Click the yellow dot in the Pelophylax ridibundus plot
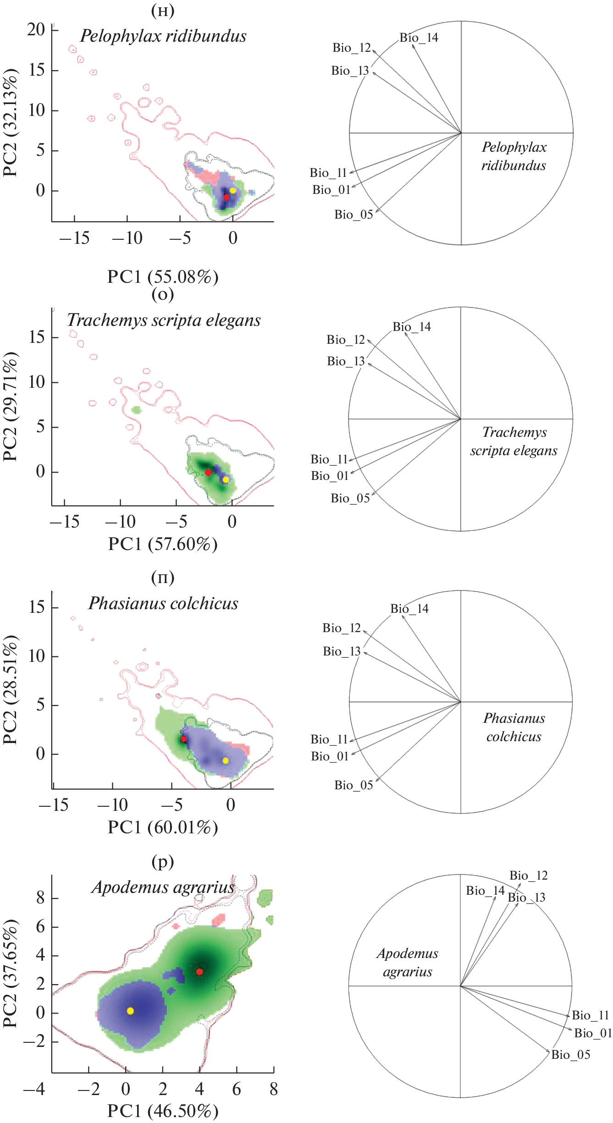coord(233,190)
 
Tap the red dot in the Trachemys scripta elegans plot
coord(208,472)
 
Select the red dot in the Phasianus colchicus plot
coord(184,739)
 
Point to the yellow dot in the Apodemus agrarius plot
coord(130,1011)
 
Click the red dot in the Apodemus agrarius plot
coord(199,972)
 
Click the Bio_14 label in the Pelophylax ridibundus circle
coord(419,38)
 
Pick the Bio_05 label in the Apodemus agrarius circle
coord(570,1055)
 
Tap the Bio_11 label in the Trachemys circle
coord(329,459)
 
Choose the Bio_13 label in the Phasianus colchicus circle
coord(342,651)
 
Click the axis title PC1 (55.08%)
coord(163,277)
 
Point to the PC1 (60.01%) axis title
coord(163,827)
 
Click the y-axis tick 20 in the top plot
coord(36,30)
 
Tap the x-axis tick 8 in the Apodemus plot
coord(273,1090)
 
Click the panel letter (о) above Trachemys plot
coord(163,294)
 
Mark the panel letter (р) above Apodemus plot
coord(163,862)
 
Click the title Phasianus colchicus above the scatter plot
coord(163,604)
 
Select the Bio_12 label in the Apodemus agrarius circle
coord(529,875)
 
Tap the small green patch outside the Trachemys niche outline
coord(136,409)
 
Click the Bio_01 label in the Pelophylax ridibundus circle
coord(331,190)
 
